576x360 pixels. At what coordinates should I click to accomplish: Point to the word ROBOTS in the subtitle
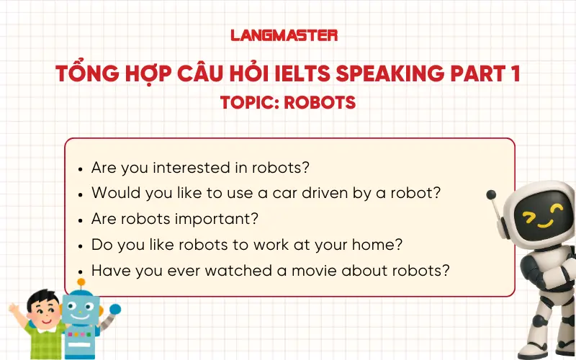click(x=320, y=103)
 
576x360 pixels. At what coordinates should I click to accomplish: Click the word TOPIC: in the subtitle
click(x=248, y=103)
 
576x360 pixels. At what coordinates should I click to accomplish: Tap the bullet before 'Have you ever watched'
click(x=81, y=271)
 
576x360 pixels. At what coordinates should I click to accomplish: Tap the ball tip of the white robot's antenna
click(x=492, y=194)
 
